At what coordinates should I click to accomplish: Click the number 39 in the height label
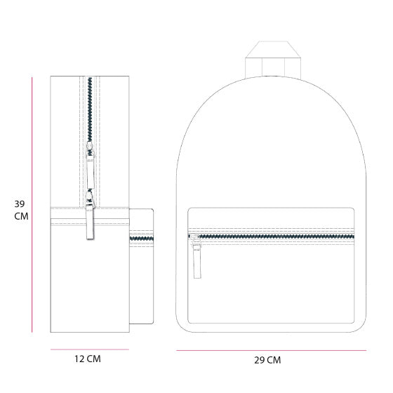[20, 204]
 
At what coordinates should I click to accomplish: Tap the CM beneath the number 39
[21, 216]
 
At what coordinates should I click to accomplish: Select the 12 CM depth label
[88, 359]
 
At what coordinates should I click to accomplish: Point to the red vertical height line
[33, 204]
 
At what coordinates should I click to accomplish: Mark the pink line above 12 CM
[89, 349]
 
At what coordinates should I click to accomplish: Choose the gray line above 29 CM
[271, 350]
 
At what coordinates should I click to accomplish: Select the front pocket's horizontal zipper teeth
[277, 237]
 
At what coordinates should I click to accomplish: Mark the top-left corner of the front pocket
[189, 208]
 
